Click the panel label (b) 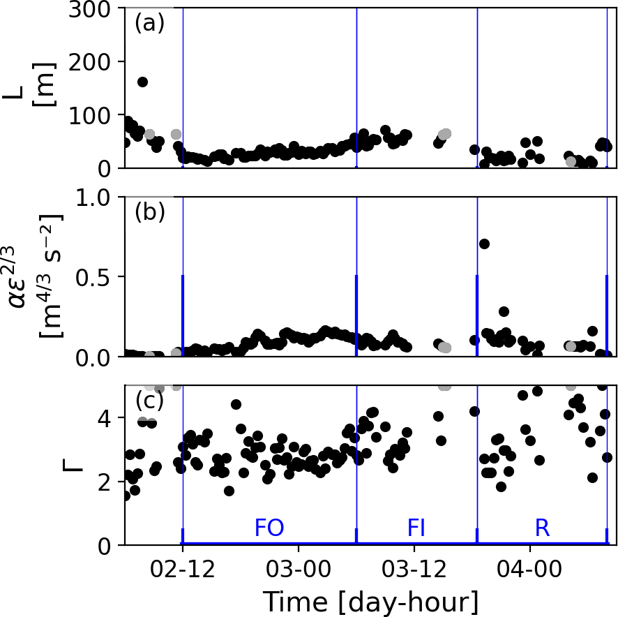tap(149, 212)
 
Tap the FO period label tap(269, 528)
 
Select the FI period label tap(416, 528)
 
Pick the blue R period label tap(542, 528)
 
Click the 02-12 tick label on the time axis tap(183, 565)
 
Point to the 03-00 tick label tap(299, 565)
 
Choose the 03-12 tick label tap(414, 565)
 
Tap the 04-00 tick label tap(530, 565)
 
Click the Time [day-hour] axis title tap(370, 600)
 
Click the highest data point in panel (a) tap(142, 82)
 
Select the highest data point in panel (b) tap(484, 244)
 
